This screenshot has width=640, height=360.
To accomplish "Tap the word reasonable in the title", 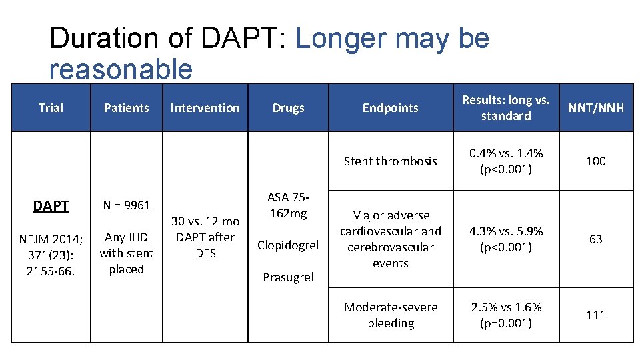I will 121,69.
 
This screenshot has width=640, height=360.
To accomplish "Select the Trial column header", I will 51,108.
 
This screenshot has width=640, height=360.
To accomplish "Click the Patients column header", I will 127,108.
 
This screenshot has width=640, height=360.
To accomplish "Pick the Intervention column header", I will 205,108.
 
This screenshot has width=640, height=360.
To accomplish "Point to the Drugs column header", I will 288,108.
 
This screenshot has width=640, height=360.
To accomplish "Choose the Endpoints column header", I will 390,108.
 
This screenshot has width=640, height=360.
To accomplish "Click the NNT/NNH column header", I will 595,108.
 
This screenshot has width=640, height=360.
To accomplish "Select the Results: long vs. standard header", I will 505,108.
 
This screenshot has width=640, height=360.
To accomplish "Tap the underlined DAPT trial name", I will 51,206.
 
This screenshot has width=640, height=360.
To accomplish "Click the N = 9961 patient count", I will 127,205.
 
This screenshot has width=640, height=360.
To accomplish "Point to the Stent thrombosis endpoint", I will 390,161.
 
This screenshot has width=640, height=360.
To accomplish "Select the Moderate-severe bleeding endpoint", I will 391,315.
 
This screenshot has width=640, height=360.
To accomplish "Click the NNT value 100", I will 595,161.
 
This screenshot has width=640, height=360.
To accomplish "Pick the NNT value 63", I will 595,239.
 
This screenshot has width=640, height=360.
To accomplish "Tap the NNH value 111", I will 595,315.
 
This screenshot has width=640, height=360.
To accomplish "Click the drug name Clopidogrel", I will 288,245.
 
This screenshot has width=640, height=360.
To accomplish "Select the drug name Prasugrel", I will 288,277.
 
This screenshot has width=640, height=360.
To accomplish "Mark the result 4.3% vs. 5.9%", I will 505,231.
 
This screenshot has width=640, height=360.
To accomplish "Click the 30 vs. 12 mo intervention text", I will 205,221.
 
